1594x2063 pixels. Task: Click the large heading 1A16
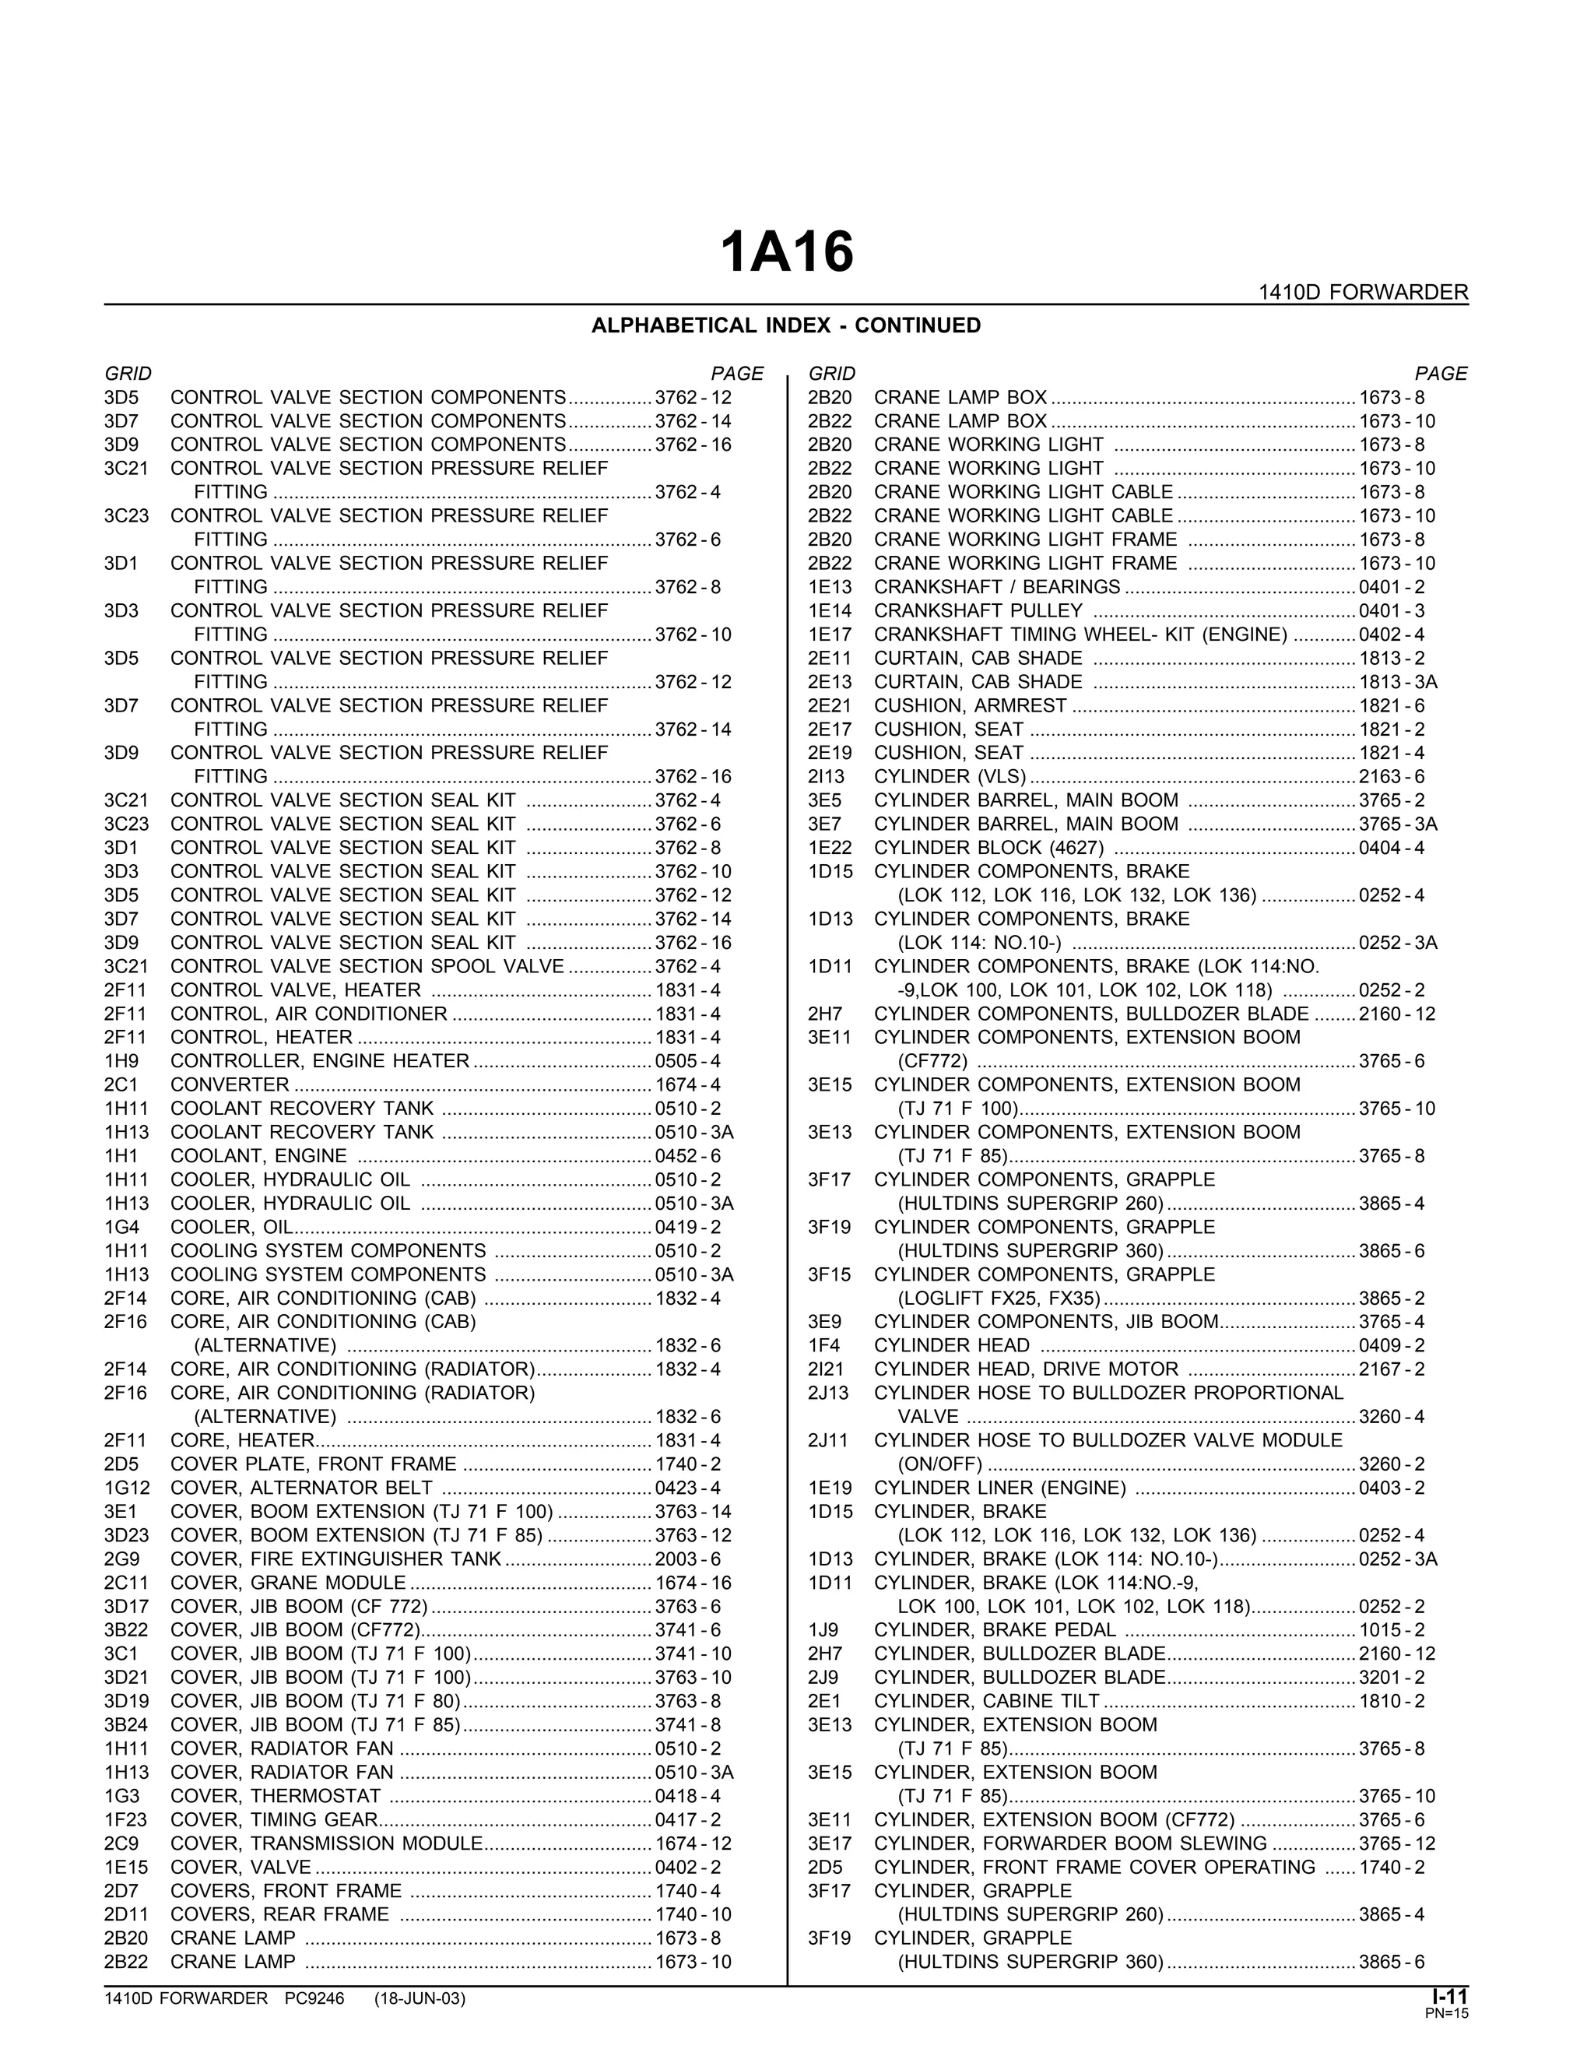click(787, 253)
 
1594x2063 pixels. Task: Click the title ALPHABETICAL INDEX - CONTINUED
click(785, 326)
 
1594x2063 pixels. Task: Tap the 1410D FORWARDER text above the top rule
click(1363, 293)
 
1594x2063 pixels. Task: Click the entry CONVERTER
click(230, 1084)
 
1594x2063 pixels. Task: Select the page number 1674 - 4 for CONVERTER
click(687, 1084)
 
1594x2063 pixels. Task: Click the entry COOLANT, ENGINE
click(258, 1156)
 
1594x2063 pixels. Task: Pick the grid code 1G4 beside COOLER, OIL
click(116, 1227)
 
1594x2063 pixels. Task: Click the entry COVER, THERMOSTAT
click(276, 1796)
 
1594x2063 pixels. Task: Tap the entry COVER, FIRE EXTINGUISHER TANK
click(336, 1559)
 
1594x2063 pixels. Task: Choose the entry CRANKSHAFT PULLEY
click(978, 611)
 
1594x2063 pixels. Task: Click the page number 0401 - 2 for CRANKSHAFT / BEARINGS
click(1392, 588)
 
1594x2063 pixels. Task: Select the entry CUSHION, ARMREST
click(970, 705)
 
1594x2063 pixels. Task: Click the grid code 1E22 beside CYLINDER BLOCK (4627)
click(830, 847)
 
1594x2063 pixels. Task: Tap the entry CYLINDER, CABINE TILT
click(987, 1701)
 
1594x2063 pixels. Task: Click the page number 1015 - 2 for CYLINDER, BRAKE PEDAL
click(1392, 1629)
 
